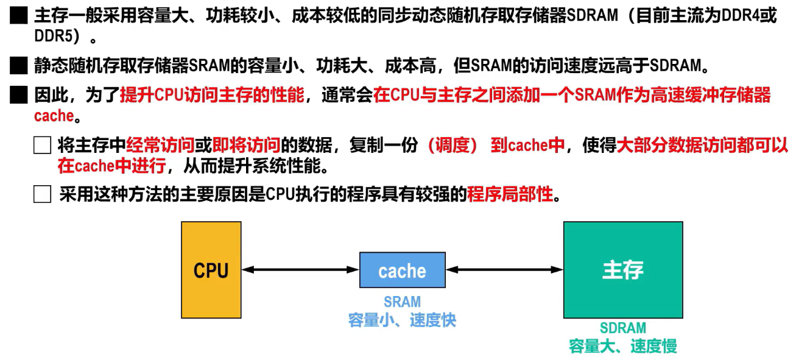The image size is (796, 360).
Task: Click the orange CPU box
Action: [211, 270]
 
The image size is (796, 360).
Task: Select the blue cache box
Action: [402, 270]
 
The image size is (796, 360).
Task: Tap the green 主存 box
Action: [622, 270]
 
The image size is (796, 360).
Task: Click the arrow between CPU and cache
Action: [300, 269]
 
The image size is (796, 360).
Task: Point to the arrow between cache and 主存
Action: [504, 269]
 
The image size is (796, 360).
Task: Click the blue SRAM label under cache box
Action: [402, 302]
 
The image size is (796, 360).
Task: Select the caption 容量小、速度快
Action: [402, 320]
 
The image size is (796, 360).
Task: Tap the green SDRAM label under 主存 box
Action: [622, 328]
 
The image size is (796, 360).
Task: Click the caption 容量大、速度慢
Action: [622, 347]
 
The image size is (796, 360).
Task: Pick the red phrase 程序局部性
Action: [510, 194]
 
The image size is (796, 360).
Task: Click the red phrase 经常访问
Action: [160, 146]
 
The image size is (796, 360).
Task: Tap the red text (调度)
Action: [453, 146]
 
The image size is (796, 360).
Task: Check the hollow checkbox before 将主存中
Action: [42, 146]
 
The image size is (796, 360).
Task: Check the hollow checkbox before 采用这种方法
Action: [42, 195]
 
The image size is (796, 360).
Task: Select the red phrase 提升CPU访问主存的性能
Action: [212, 95]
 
